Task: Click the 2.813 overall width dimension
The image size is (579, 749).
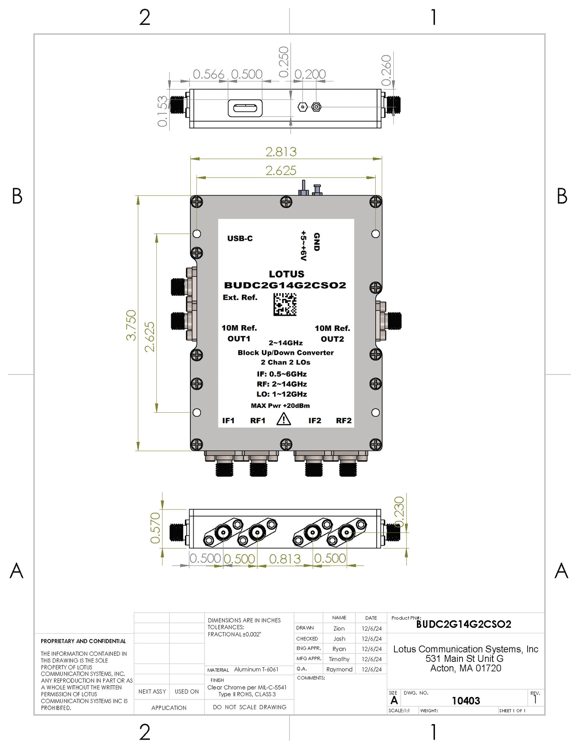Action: tap(281, 152)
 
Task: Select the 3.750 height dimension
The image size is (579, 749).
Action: tap(131, 325)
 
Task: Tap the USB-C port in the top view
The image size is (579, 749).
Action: tap(245, 108)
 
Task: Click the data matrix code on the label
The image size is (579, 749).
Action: tap(284, 304)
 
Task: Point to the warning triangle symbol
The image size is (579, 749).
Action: tap(283, 419)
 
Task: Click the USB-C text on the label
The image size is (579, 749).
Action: tap(240, 238)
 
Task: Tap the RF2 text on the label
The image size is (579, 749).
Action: tap(343, 421)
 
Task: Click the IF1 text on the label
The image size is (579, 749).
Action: tap(228, 421)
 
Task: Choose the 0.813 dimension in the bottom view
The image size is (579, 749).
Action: tap(284, 559)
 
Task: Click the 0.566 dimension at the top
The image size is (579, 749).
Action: tap(208, 75)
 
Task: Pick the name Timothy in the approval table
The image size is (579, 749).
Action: tap(339, 659)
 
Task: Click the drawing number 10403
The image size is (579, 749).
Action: tap(465, 701)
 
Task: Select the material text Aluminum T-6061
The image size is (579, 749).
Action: tap(256, 669)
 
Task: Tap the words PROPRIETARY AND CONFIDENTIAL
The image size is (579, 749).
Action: tap(83, 641)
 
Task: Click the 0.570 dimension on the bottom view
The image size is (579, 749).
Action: tap(155, 528)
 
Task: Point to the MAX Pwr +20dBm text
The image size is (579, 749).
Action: tap(280, 406)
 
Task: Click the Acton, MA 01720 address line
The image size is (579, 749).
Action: tap(465, 668)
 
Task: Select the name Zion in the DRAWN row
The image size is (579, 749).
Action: tap(339, 629)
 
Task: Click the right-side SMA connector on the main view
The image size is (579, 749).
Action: tap(394, 321)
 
